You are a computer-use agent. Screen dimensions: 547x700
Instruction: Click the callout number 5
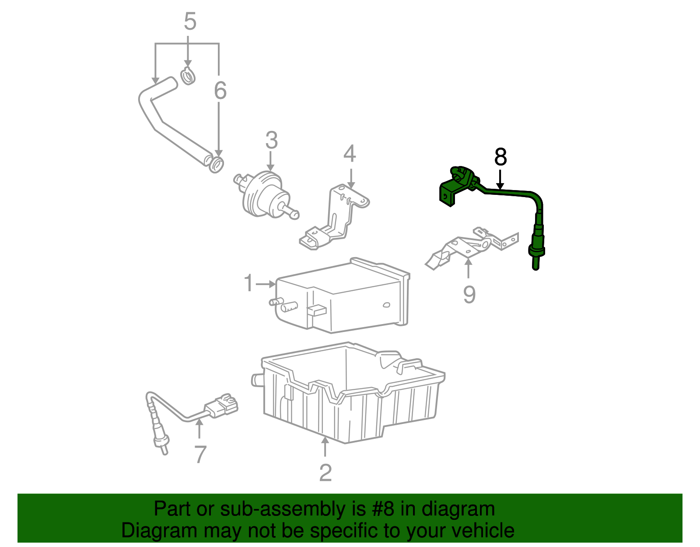[x=190, y=21]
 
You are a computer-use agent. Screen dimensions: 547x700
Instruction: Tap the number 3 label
[x=271, y=141]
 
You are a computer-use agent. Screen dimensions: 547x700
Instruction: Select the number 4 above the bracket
[x=350, y=154]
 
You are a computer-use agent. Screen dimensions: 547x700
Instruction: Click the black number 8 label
[x=500, y=157]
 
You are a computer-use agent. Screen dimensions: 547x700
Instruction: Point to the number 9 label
[x=469, y=295]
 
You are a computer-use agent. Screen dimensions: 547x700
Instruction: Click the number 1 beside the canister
[x=248, y=283]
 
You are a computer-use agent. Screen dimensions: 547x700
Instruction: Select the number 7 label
[x=200, y=455]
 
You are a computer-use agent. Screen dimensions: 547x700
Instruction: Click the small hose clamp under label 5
[x=188, y=76]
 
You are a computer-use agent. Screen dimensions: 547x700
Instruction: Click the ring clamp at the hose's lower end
[x=216, y=164]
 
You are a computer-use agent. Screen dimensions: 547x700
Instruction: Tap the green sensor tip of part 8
[x=535, y=263]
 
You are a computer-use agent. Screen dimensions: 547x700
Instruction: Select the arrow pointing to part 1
[x=266, y=284]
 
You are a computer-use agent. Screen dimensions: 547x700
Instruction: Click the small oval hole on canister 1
[x=386, y=305]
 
